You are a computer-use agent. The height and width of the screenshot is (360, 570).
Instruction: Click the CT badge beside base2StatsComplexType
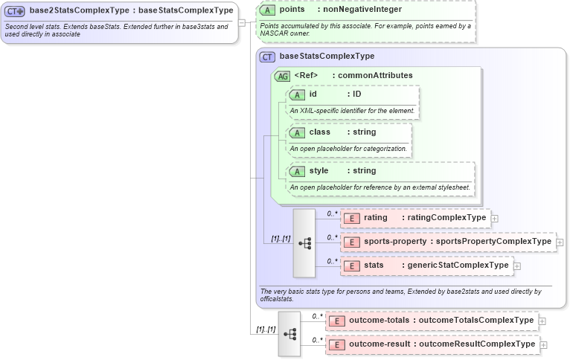click(x=16, y=11)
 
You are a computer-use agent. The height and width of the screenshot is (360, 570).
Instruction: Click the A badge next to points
click(x=268, y=9)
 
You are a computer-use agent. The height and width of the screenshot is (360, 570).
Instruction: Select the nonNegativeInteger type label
click(x=362, y=9)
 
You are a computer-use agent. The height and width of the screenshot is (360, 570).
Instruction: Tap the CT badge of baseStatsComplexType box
click(x=268, y=56)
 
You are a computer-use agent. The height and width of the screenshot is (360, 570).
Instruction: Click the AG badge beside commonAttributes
click(x=283, y=76)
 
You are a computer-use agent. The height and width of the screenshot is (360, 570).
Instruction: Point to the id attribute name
click(x=313, y=94)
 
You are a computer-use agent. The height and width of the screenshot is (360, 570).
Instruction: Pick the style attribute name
click(x=319, y=171)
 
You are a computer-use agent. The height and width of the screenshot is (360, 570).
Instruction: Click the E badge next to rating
click(x=351, y=218)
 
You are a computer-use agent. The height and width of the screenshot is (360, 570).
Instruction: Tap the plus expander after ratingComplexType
click(x=495, y=219)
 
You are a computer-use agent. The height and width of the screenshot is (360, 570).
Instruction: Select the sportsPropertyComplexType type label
click(x=493, y=242)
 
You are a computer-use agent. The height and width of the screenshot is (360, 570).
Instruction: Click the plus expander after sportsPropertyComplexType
click(x=560, y=242)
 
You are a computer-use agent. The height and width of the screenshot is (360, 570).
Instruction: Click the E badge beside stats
click(x=351, y=266)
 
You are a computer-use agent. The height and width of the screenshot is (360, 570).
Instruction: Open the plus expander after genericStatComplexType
click(x=517, y=266)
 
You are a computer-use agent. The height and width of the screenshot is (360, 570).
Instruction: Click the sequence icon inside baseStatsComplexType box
click(x=304, y=243)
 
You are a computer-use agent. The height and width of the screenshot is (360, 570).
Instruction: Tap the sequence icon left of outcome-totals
click(x=289, y=333)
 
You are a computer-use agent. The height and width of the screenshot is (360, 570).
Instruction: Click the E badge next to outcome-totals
click(x=336, y=321)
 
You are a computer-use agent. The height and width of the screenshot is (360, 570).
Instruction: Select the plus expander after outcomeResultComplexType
click(x=543, y=346)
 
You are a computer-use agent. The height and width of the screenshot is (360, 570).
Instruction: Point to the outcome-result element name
click(x=379, y=344)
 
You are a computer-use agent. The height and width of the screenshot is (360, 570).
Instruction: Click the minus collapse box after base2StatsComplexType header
click(x=242, y=22)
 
